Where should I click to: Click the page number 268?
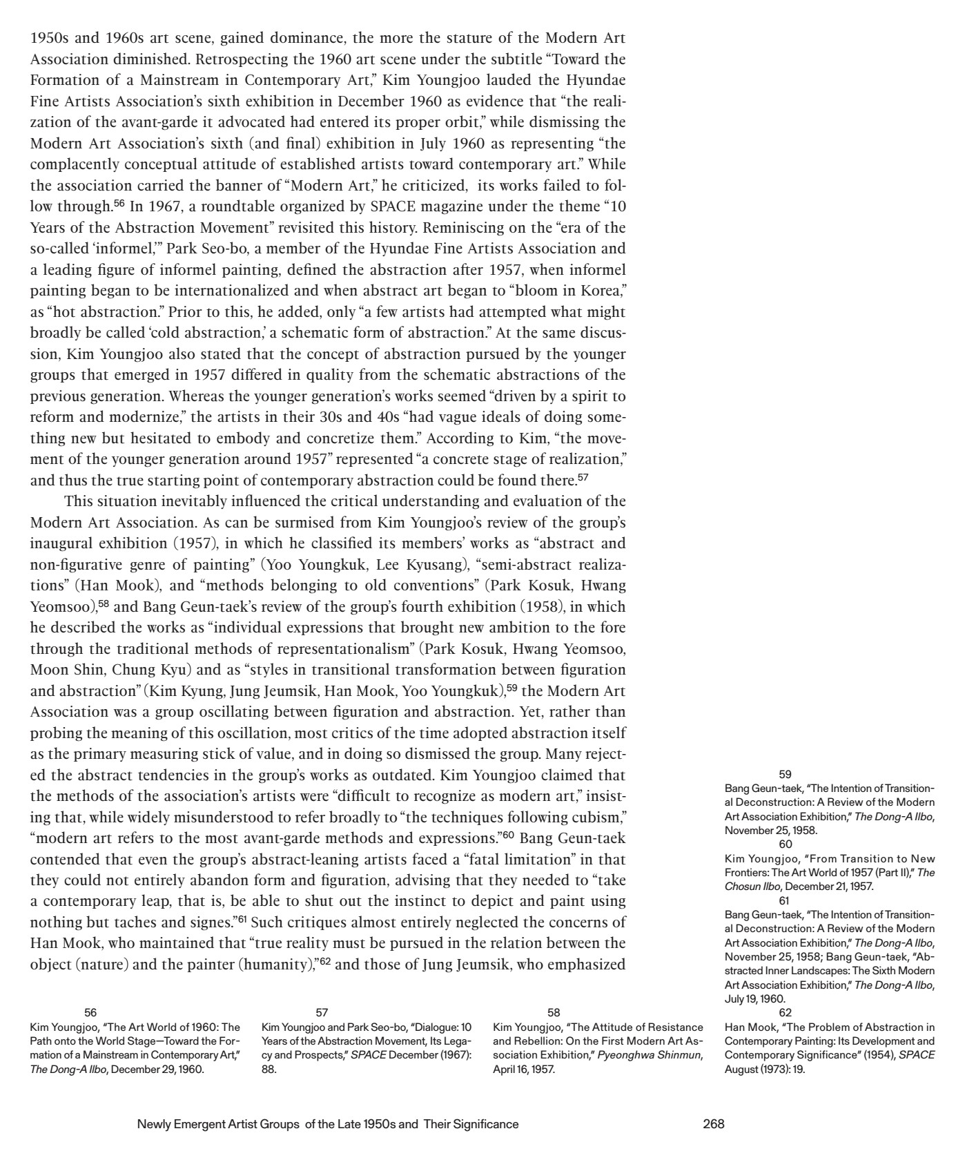click(713, 1123)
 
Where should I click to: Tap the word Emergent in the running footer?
click(192, 1123)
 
